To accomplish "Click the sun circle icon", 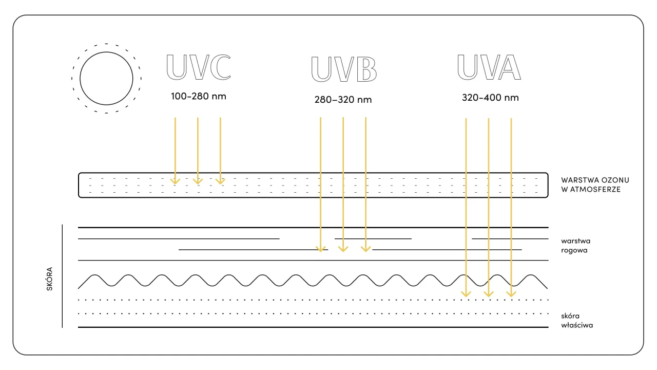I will [x=106, y=79].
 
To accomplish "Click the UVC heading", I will [x=199, y=67].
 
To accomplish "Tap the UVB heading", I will [x=344, y=69].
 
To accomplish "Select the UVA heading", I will [x=489, y=67].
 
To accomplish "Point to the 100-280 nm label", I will [x=199, y=96].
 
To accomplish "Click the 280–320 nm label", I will [x=343, y=100].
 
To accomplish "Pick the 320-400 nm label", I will [x=490, y=98].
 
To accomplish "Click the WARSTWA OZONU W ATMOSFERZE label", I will [x=595, y=185].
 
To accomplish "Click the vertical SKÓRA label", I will [x=50, y=279].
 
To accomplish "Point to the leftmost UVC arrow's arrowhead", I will [x=175, y=180].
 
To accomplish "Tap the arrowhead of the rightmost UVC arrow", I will [x=220, y=180].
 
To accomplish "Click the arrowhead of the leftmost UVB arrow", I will [x=321, y=248].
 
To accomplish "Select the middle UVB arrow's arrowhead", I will [x=343, y=248].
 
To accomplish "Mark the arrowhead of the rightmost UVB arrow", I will [x=365, y=248].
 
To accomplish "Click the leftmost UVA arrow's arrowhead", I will [x=466, y=293].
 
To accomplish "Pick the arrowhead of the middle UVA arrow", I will [x=489, y=293].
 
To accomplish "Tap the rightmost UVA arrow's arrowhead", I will [x=511, y=293].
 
